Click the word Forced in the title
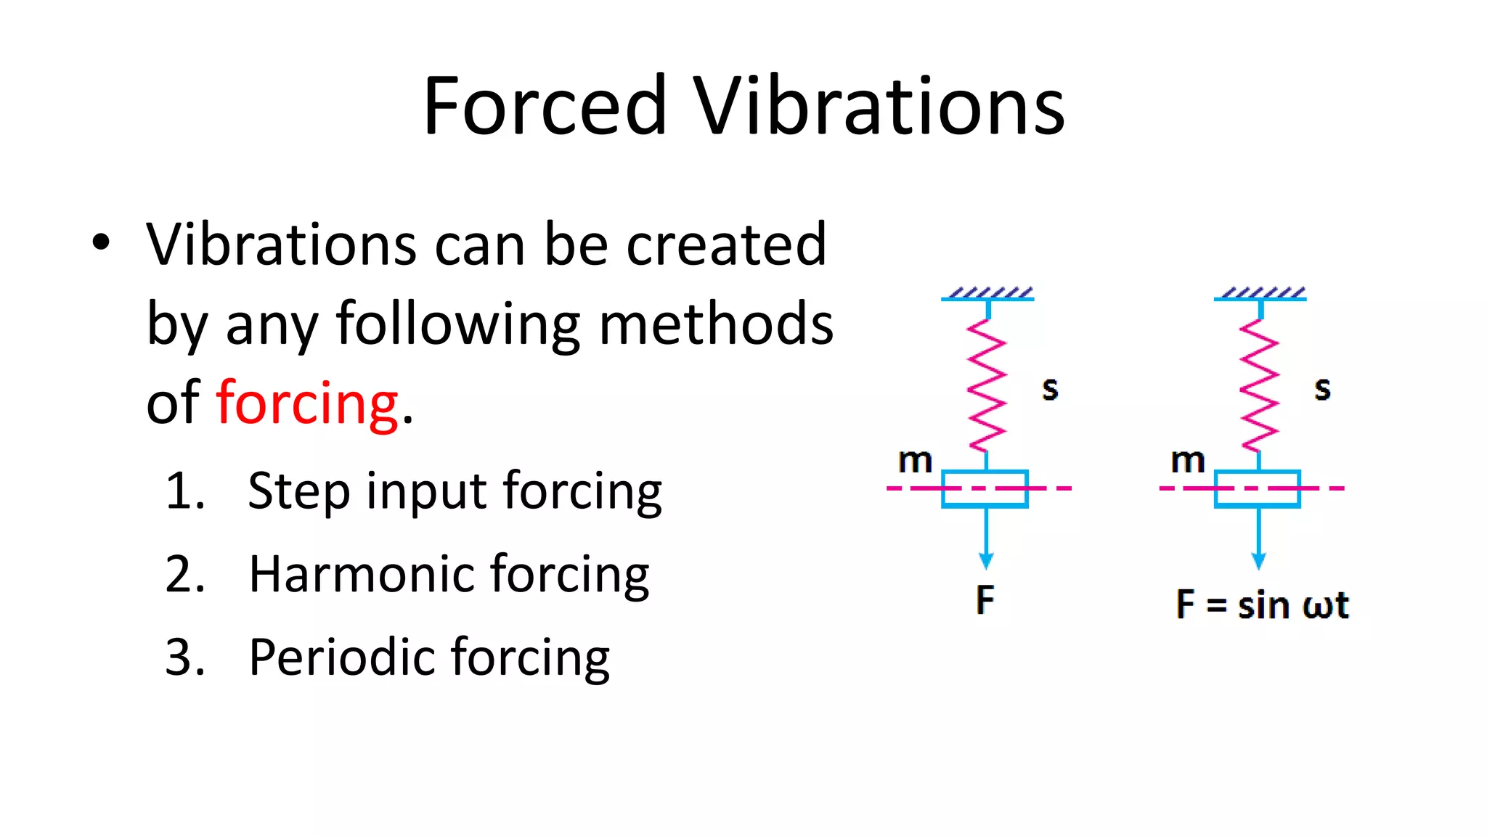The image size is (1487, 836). click(x=545, y=106)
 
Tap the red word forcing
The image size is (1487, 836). click(x=307, y=403)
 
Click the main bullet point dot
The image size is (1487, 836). click(x=101, y=242)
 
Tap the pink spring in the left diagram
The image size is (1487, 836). click(x=987, y=385)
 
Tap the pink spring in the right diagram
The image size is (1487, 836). click(x=1259, y=385)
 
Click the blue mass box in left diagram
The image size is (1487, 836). click(x=985, y=488)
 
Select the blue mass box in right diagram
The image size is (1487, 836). click(x=1258, y=488)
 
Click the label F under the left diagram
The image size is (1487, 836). click(x=985, y=599)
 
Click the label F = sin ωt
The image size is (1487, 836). click(x=1262, y=605)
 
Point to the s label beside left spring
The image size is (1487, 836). click(x=1050, y=389)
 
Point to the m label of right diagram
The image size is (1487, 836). click(x=1188, y=460)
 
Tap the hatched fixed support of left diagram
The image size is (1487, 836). click(x=988, y=294)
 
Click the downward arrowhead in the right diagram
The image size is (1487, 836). click(x=1259, y=561)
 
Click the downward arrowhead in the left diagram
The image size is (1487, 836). click(x=986, y=561)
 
